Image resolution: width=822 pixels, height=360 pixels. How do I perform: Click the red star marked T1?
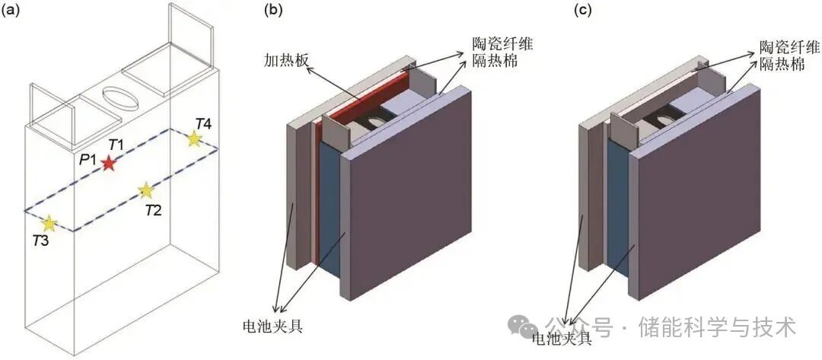(110, 163)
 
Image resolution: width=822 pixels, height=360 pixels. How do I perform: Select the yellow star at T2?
(145, 190)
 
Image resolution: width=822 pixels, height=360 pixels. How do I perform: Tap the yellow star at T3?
(49, 223)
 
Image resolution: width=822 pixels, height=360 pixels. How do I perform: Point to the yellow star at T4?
(194, 139)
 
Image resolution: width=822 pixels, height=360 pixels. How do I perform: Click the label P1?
(86, 160)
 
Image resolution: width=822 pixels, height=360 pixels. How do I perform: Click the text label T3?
(42, 241)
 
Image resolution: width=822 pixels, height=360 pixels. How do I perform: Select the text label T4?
(203, 123)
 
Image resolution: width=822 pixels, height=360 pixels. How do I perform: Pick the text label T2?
(153, 209)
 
